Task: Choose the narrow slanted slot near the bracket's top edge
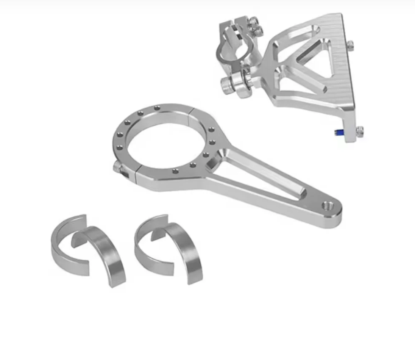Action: [x=295, y=34]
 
